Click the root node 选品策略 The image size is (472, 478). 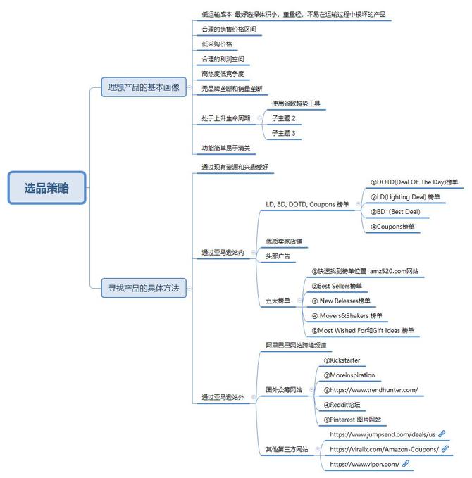click(x=46, y=188)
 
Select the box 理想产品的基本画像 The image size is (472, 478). click(x=143, y=88)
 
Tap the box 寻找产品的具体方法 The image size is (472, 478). click(x=143, y=288)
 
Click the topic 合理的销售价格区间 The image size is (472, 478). click(x=228, y=29)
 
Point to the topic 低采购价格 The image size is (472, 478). click(x=216, y=44)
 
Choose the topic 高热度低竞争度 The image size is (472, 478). click(x=223, y=73)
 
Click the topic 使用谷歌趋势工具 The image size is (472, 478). click(x=296, y=103)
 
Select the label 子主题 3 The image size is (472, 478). click(x=284, y=133)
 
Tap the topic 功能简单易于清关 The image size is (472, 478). click(x=225, y=148)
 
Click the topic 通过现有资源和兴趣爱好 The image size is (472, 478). click(x=235, y=167)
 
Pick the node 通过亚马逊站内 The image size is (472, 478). click(x=223, y=252)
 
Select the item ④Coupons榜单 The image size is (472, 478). click(x=393, y=227)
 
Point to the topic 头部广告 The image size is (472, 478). click(x=278, y=256)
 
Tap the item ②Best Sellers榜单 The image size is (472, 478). click(x=340, y=286)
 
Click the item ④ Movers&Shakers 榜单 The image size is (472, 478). click(x=347, y=315)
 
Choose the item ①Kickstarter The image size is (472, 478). click(x=342, y=360)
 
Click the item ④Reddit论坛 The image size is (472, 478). click(x=342, y=405)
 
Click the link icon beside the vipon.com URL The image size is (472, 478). click(x=406, y=464)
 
